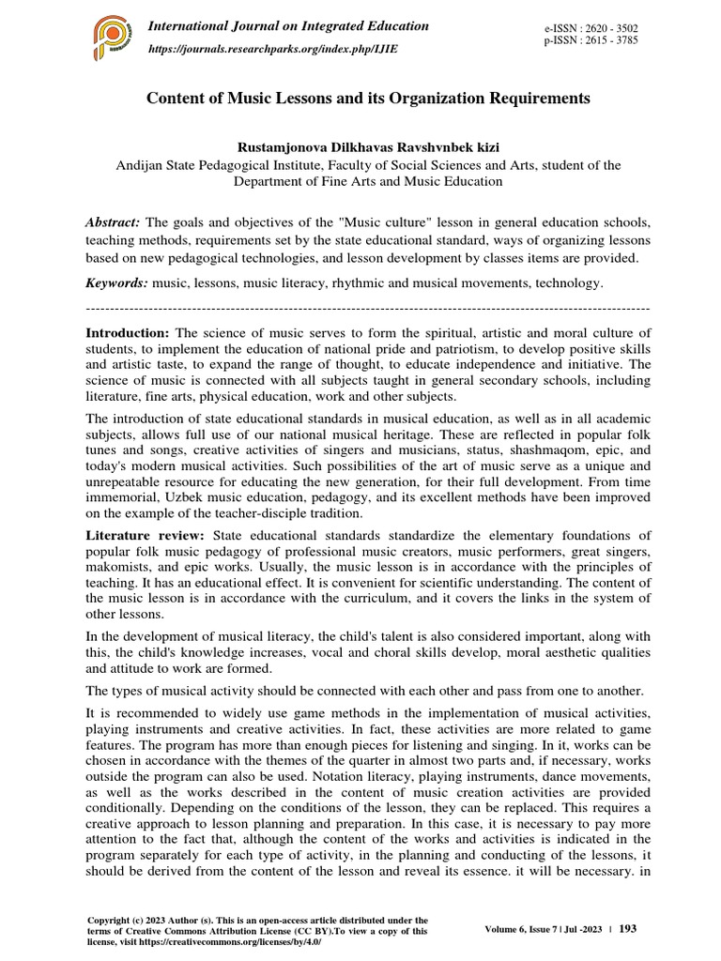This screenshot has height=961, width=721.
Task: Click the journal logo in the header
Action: tap(113, 38)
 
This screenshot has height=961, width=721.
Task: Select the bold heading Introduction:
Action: tap(128, 333)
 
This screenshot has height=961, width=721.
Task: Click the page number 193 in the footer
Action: tap(628, 928)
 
